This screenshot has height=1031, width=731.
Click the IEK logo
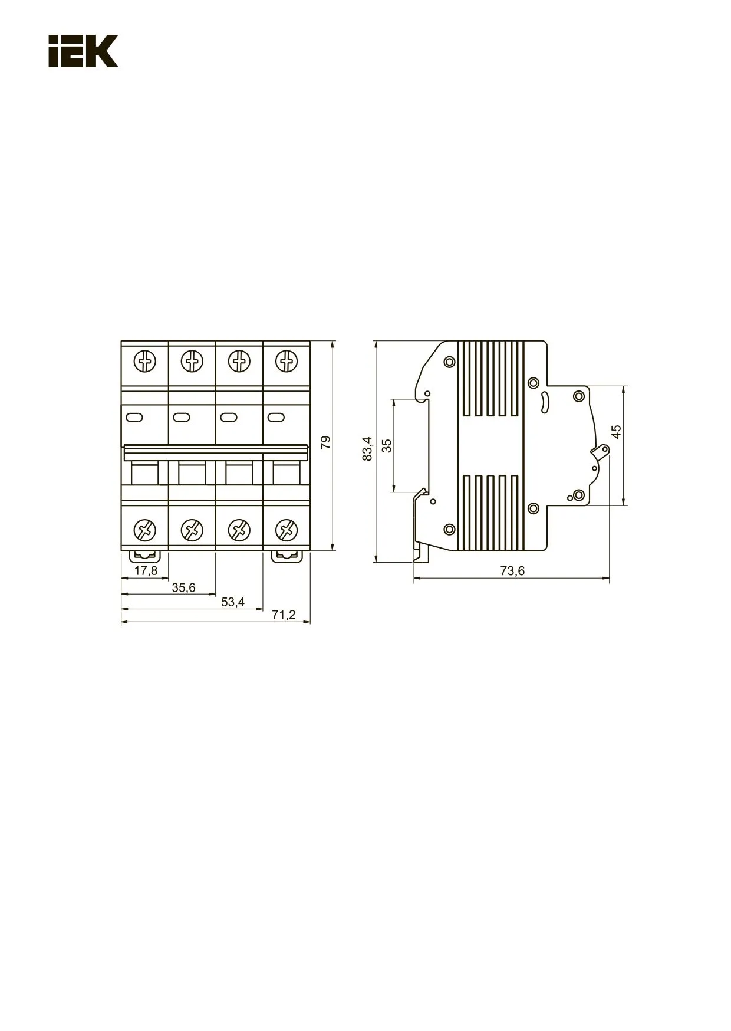click(x=83, y=51)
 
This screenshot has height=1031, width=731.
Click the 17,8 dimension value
click(x=146, y=570)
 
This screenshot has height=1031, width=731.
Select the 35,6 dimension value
click(x=183, y=587)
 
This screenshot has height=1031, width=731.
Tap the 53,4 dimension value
click(x=232, y=602)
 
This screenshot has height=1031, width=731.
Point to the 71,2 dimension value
click(x=284, y=615)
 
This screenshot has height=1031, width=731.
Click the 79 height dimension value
click(x=325, y=444)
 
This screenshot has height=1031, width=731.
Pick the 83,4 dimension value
click(x=368, y=449)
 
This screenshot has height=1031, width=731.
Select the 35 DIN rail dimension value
click(x=387, y=445)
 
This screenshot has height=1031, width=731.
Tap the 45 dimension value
click(x=616, y=431)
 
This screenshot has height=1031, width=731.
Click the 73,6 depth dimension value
click(x=512, y=570)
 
